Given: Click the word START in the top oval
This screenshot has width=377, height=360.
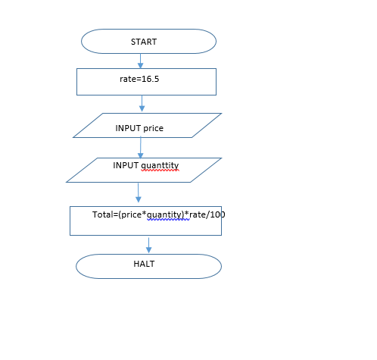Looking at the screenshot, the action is (144, 42).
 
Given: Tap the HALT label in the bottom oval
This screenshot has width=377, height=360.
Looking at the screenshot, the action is (144, 264).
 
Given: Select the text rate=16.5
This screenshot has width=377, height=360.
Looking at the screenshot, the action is (139, 79).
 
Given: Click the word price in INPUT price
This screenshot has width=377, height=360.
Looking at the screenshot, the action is (153, 129).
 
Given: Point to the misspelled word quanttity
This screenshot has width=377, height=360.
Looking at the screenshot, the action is (160, 166).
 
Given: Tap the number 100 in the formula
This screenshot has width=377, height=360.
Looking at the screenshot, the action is (217, 214).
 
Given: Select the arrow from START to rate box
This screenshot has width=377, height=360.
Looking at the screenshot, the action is (141, 61).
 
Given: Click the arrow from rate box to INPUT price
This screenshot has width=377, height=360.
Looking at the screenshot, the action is (142, 103).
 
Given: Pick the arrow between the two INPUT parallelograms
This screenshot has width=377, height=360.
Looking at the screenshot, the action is (141, 148).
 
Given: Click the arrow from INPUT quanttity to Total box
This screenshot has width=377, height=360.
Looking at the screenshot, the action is (139, 193).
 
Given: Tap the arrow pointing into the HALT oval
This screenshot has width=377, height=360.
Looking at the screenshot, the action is (148, 246).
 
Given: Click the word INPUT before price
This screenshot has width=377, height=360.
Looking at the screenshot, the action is (128, 128).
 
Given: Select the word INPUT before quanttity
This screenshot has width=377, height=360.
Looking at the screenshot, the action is (126, 165).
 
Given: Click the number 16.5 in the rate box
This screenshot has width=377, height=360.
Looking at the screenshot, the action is (150, 79).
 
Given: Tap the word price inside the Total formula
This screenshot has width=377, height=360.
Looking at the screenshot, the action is (131, 215).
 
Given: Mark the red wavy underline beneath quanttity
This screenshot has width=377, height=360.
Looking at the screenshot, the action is (160, 171).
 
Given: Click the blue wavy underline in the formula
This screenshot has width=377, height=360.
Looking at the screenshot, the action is (168, 219).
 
